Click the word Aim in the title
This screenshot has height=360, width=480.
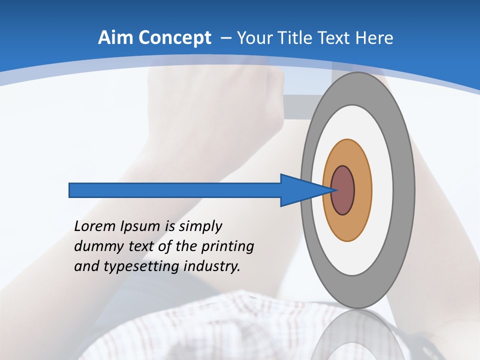(111, 38)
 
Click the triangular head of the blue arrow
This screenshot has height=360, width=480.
(300, 190)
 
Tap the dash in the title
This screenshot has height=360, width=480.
(224, 38)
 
